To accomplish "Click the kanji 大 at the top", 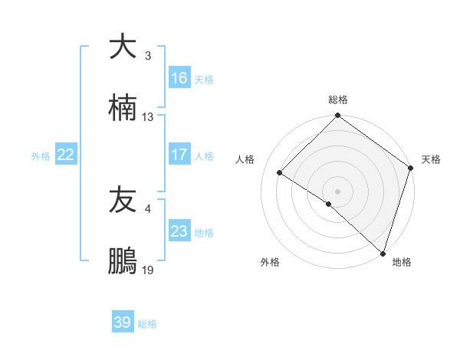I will [123, 47].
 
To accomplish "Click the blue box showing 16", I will [179, 78].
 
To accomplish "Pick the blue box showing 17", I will [179, 155].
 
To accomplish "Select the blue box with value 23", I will [179, 231].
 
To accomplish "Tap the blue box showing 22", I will [66, 155].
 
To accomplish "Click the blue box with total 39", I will [123, 322].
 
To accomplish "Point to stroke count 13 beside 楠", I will [148, 117].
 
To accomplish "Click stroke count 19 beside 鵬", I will [148, 271].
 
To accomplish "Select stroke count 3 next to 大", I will [148, 56].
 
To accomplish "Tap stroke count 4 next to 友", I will [148, 209].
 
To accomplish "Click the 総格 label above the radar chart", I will [338, 100].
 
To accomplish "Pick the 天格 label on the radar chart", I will [432, 159].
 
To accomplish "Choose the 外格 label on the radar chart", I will [270, 262].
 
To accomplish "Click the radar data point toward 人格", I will [280, 172].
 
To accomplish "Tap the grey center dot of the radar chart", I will [337, 191].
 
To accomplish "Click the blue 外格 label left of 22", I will [41, 155].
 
